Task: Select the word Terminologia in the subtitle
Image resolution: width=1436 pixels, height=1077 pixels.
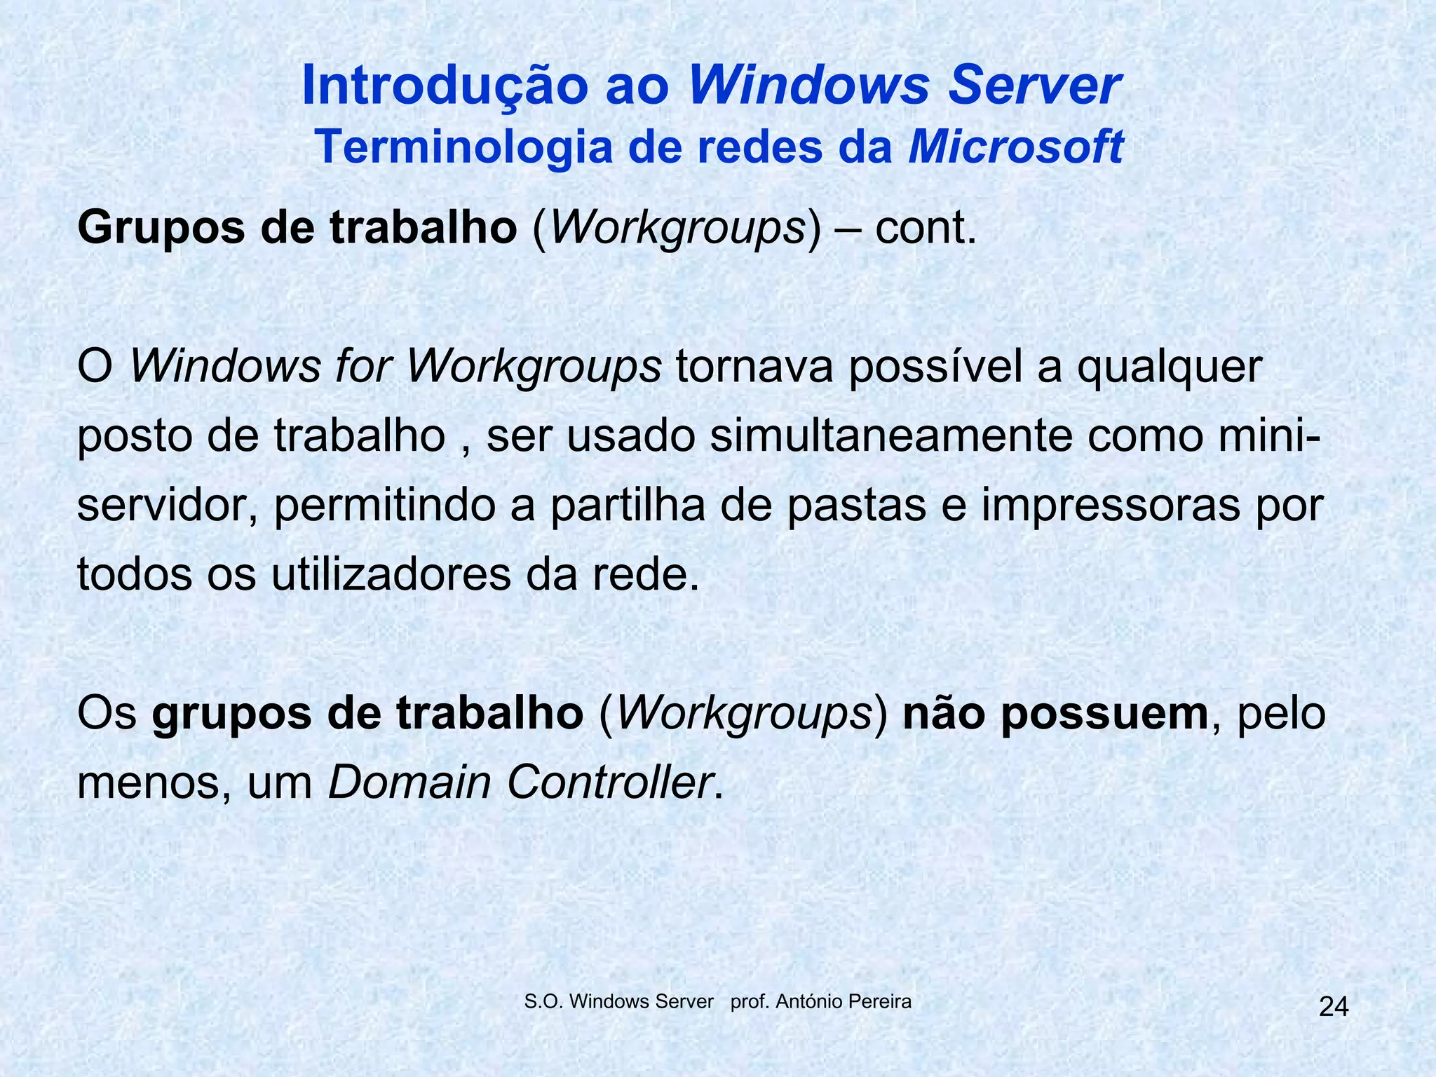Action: point(463,147)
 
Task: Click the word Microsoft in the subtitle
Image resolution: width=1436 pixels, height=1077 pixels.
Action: point(1016,147)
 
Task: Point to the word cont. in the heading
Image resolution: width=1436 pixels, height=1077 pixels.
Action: point(926,229)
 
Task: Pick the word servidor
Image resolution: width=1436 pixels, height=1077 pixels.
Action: point(165,506)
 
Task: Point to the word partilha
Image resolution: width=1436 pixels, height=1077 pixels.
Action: point(628,506)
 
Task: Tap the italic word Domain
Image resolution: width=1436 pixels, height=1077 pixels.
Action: point(409,783)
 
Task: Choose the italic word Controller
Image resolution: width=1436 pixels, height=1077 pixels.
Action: point(609,783)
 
